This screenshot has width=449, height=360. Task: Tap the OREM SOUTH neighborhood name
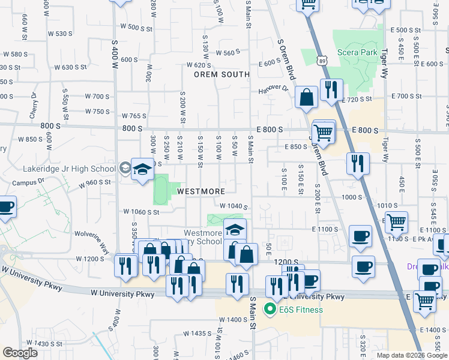coord(221,74)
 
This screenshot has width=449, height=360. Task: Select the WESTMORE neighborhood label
coord(200,191)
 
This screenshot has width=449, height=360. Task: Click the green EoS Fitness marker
coord(270,310)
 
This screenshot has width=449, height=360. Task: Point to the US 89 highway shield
coord(324,61)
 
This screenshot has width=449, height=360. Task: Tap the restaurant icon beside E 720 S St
coord(331,90)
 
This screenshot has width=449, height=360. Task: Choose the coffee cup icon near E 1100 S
coord(360,236)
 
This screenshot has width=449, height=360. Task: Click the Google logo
coord(20,353)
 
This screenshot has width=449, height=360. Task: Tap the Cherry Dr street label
coord(34,106)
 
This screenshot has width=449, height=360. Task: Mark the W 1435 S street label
coord(201,333)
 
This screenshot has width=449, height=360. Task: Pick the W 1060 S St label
coord(141,211)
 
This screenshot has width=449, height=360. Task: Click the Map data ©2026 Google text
coord(411,355)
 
